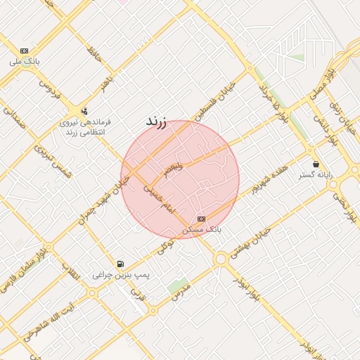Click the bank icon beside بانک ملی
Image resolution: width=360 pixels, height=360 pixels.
tap(25, 51)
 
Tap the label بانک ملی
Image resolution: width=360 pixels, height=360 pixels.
tap(25, 62)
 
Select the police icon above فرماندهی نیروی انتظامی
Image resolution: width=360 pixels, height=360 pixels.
tap(85, 110)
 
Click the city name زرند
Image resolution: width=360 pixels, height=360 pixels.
tap(155, 122)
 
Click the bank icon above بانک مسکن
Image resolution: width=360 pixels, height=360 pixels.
tap(202, 219)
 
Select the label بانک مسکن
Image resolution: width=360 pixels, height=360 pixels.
tap(202, 229)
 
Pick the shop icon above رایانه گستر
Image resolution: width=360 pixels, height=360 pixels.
tap(315, 164)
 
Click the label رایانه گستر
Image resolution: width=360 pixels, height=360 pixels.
tap(315, 174)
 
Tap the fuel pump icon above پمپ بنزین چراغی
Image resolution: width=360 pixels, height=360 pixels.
tap(122, 264)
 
